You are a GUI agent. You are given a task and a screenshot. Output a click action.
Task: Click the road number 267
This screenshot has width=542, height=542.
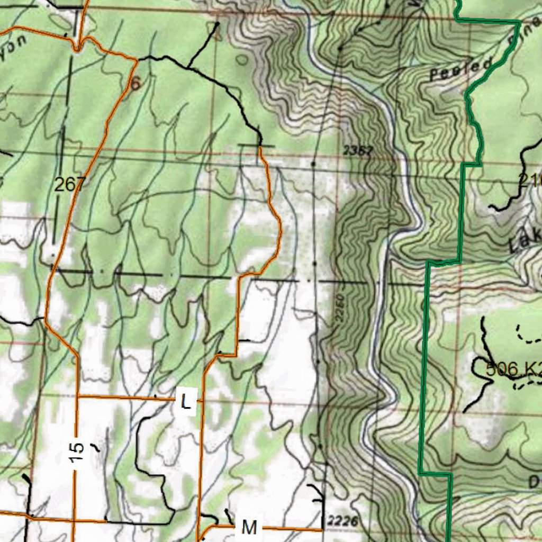(x=69, y=185)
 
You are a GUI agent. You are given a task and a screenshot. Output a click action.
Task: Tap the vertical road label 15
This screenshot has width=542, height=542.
(x=77, y=451)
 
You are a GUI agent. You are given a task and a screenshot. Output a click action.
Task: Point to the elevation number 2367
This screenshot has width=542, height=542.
(x=358, y=151)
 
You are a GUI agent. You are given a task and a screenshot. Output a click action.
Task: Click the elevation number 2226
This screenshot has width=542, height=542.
(x=342, y=521)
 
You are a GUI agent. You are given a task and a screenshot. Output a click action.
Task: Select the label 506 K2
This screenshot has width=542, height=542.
(x=512, y=369)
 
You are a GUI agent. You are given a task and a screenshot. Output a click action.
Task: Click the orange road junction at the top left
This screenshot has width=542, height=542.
(x=78, y=49)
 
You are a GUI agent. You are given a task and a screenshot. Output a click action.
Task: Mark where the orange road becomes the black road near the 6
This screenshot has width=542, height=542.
(x=137, y=60)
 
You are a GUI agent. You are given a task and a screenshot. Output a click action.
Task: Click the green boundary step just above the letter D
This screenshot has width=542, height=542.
(x=450, y=474)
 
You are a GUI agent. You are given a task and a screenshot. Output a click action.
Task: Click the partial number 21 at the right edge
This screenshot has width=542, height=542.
(x=530, y=182)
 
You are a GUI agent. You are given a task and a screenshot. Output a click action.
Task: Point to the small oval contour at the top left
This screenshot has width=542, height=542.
(x=241, y=60)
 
